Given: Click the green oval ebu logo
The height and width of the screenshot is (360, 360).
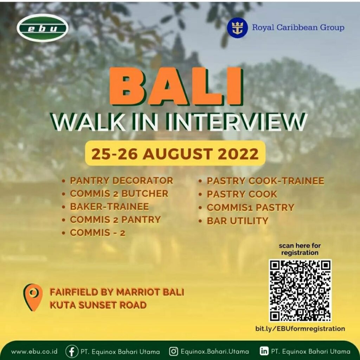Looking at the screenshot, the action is click(43, 28).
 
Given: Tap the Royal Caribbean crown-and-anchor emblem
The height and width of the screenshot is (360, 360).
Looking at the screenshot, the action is click(237, 28).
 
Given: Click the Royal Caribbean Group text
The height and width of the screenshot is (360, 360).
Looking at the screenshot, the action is click(298, 27).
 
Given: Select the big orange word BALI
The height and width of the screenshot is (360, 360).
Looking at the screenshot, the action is click(176, 86).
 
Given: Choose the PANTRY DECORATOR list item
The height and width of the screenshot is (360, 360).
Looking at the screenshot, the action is click(121, 181).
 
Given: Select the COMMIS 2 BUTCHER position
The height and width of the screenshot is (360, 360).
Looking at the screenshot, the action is click(119, 194).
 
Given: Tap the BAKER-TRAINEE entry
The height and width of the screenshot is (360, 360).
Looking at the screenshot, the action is click(109, 207).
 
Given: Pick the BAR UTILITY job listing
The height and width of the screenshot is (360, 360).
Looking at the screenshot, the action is click(238, 221).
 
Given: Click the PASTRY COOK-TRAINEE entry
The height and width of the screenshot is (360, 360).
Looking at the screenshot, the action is click(265, 181).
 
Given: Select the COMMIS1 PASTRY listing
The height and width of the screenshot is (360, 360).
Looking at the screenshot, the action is click(250, 207).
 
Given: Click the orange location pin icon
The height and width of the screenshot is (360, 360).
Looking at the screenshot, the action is click(33, 297).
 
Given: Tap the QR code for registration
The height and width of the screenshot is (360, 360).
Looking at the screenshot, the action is click(300, 291).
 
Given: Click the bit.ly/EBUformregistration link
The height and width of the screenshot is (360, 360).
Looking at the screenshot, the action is click(300, 329).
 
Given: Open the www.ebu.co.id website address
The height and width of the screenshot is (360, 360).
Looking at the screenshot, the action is click(34, 352).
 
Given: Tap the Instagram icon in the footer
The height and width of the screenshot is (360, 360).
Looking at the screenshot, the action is click(174, 351).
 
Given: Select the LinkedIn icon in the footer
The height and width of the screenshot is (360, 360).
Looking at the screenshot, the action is click(264, 351).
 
